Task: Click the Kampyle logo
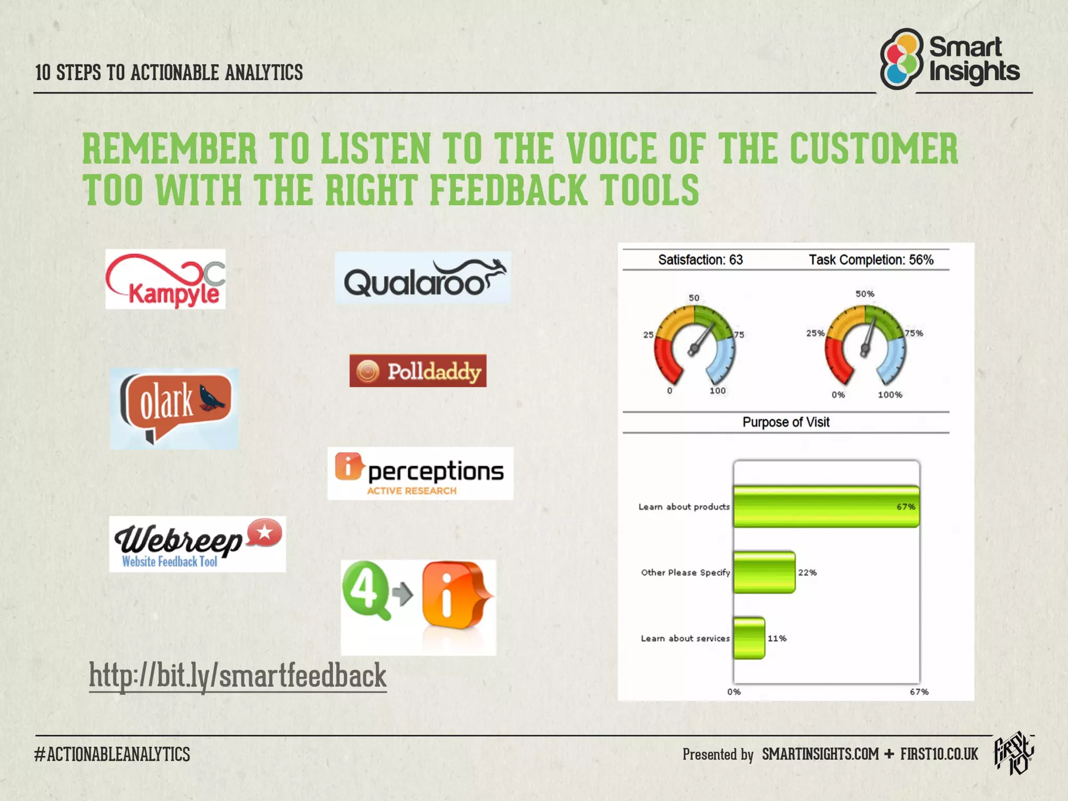point(165,279)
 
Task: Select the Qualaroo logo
point(423,278)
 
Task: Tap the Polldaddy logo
point(418,371)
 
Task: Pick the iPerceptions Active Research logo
point(420,474)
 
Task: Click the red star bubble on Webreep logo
point(264,533)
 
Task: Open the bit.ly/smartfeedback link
point(238,676)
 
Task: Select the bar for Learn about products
point(826,506)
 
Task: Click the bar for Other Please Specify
point(764,572)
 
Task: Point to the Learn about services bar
point(749,638)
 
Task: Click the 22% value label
point(807,573)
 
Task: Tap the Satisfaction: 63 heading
point(700,260)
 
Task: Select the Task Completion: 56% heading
point(871,260)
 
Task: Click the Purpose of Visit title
point(786,422)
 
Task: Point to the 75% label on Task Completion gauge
point(914,333)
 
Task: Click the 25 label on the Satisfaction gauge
point(648,335)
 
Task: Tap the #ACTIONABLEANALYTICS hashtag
point(113,754)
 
